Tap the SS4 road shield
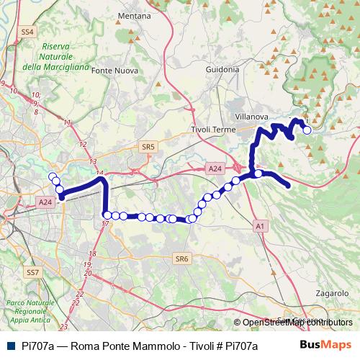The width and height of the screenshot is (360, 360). point(28,32)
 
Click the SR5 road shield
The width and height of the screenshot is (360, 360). point(148,146)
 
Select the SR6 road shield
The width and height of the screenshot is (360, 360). point(181,258)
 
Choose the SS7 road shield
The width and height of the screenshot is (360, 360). point(32,273)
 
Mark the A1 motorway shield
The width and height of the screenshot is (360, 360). point(260,226)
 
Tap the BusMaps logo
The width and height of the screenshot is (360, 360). point(325,345)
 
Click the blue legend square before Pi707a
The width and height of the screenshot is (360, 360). point(12,346)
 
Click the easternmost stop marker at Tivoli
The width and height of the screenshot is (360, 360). point(307,130)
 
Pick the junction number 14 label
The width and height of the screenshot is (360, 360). point(100,173)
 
